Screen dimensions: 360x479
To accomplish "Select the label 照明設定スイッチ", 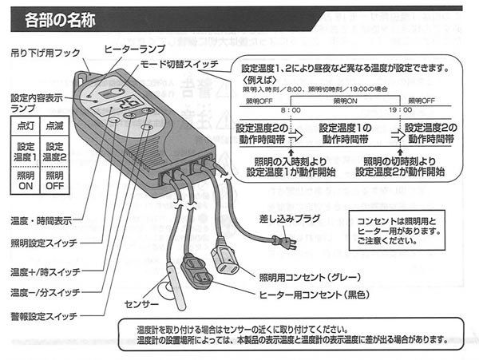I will (x=45, y=242).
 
